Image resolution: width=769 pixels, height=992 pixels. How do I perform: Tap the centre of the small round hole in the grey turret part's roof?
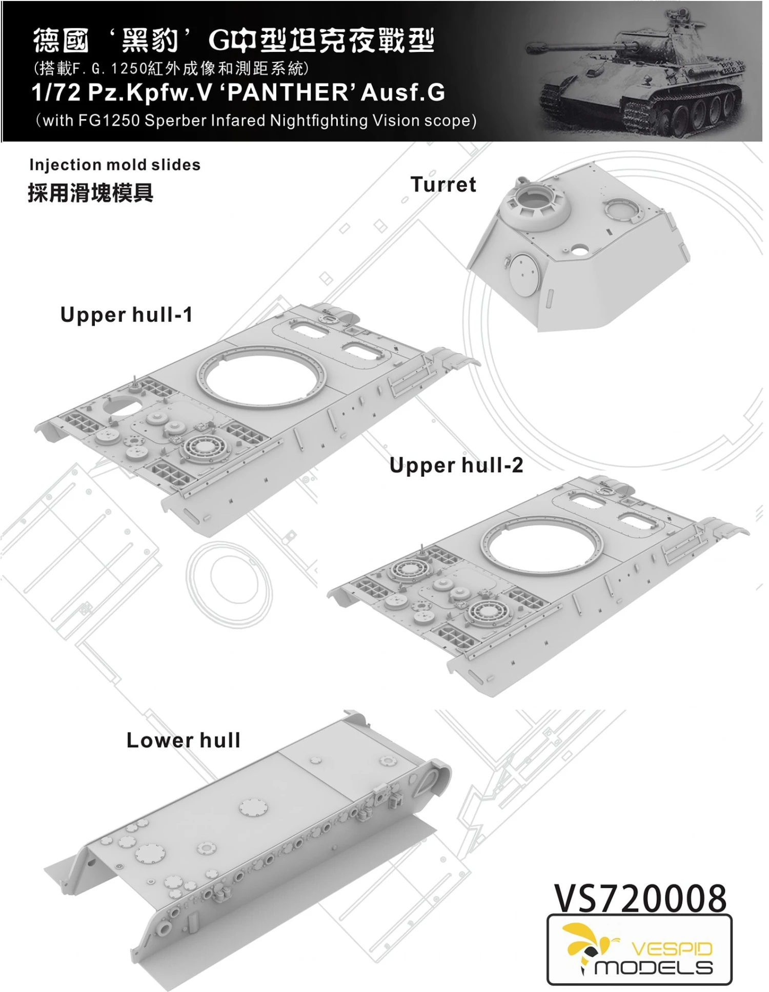579,249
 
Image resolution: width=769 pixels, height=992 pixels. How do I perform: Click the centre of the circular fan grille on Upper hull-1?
205,443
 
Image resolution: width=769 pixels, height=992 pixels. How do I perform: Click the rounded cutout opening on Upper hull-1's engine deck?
122,405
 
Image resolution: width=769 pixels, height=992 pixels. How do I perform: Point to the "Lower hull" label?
184,740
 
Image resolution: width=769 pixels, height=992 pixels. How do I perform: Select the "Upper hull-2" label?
456,465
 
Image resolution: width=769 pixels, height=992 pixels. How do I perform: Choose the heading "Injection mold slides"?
115,165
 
